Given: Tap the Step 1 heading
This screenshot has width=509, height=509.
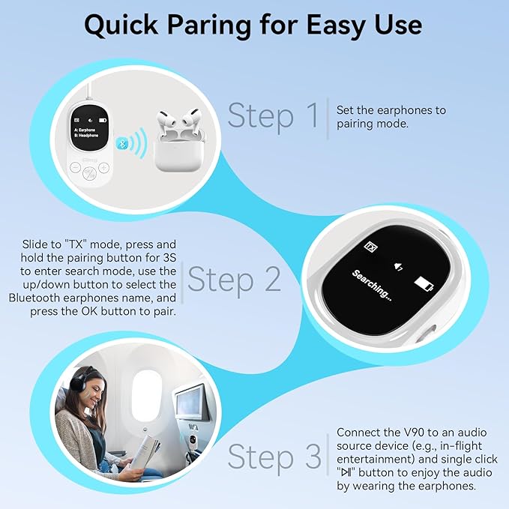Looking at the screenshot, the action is pyautogui.click(x=273, y=116).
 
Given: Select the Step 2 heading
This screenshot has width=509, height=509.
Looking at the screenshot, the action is pyautogui.click(x=234, y=280).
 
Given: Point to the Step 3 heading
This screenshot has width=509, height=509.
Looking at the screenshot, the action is pyautogui.click(x=274, y=457).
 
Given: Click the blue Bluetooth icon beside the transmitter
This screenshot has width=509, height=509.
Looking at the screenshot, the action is pyautogui.click(x=121, y=142).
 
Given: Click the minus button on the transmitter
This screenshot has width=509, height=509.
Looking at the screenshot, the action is pyautogui.click(x=75, y=168).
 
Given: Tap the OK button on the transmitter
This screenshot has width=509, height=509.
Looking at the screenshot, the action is pyautogui.click(x=89, y=173).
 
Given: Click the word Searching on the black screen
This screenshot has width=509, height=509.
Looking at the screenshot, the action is pyautogui.click(x=372, y=286).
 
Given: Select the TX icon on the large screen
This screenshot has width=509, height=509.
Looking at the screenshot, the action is pyautogui.click(x=371, y=247).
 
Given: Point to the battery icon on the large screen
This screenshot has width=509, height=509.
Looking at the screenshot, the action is pyautogui.click(x=424, y=284).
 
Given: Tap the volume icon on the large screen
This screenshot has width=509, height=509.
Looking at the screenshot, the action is pyautogui.click(x=398, y=267).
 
